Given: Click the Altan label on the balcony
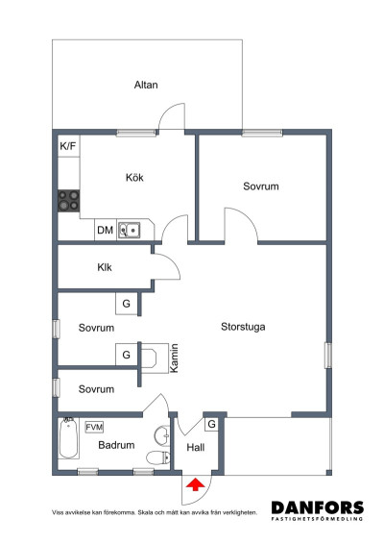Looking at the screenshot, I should tap(145, 86).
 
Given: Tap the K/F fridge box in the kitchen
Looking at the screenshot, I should tap(68, 146).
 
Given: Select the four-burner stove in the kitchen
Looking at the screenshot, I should tap(68, 200).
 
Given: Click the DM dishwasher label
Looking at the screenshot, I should tap(105, 231).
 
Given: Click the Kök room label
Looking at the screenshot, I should tap(134, 178).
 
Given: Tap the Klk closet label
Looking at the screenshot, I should tap(105, 268).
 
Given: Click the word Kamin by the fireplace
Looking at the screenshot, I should tap(175, 359).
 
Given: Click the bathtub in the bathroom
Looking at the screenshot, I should tap(68, 440).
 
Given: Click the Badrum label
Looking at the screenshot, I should tap(115, 446).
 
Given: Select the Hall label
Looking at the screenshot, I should tap(196, 447).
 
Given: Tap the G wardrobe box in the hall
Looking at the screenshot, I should tap(211, 424).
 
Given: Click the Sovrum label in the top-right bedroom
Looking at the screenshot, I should tap(260, 186).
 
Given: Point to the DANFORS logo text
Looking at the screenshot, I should tap(317, 507).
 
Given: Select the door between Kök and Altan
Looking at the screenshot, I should tap(171, 117).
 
